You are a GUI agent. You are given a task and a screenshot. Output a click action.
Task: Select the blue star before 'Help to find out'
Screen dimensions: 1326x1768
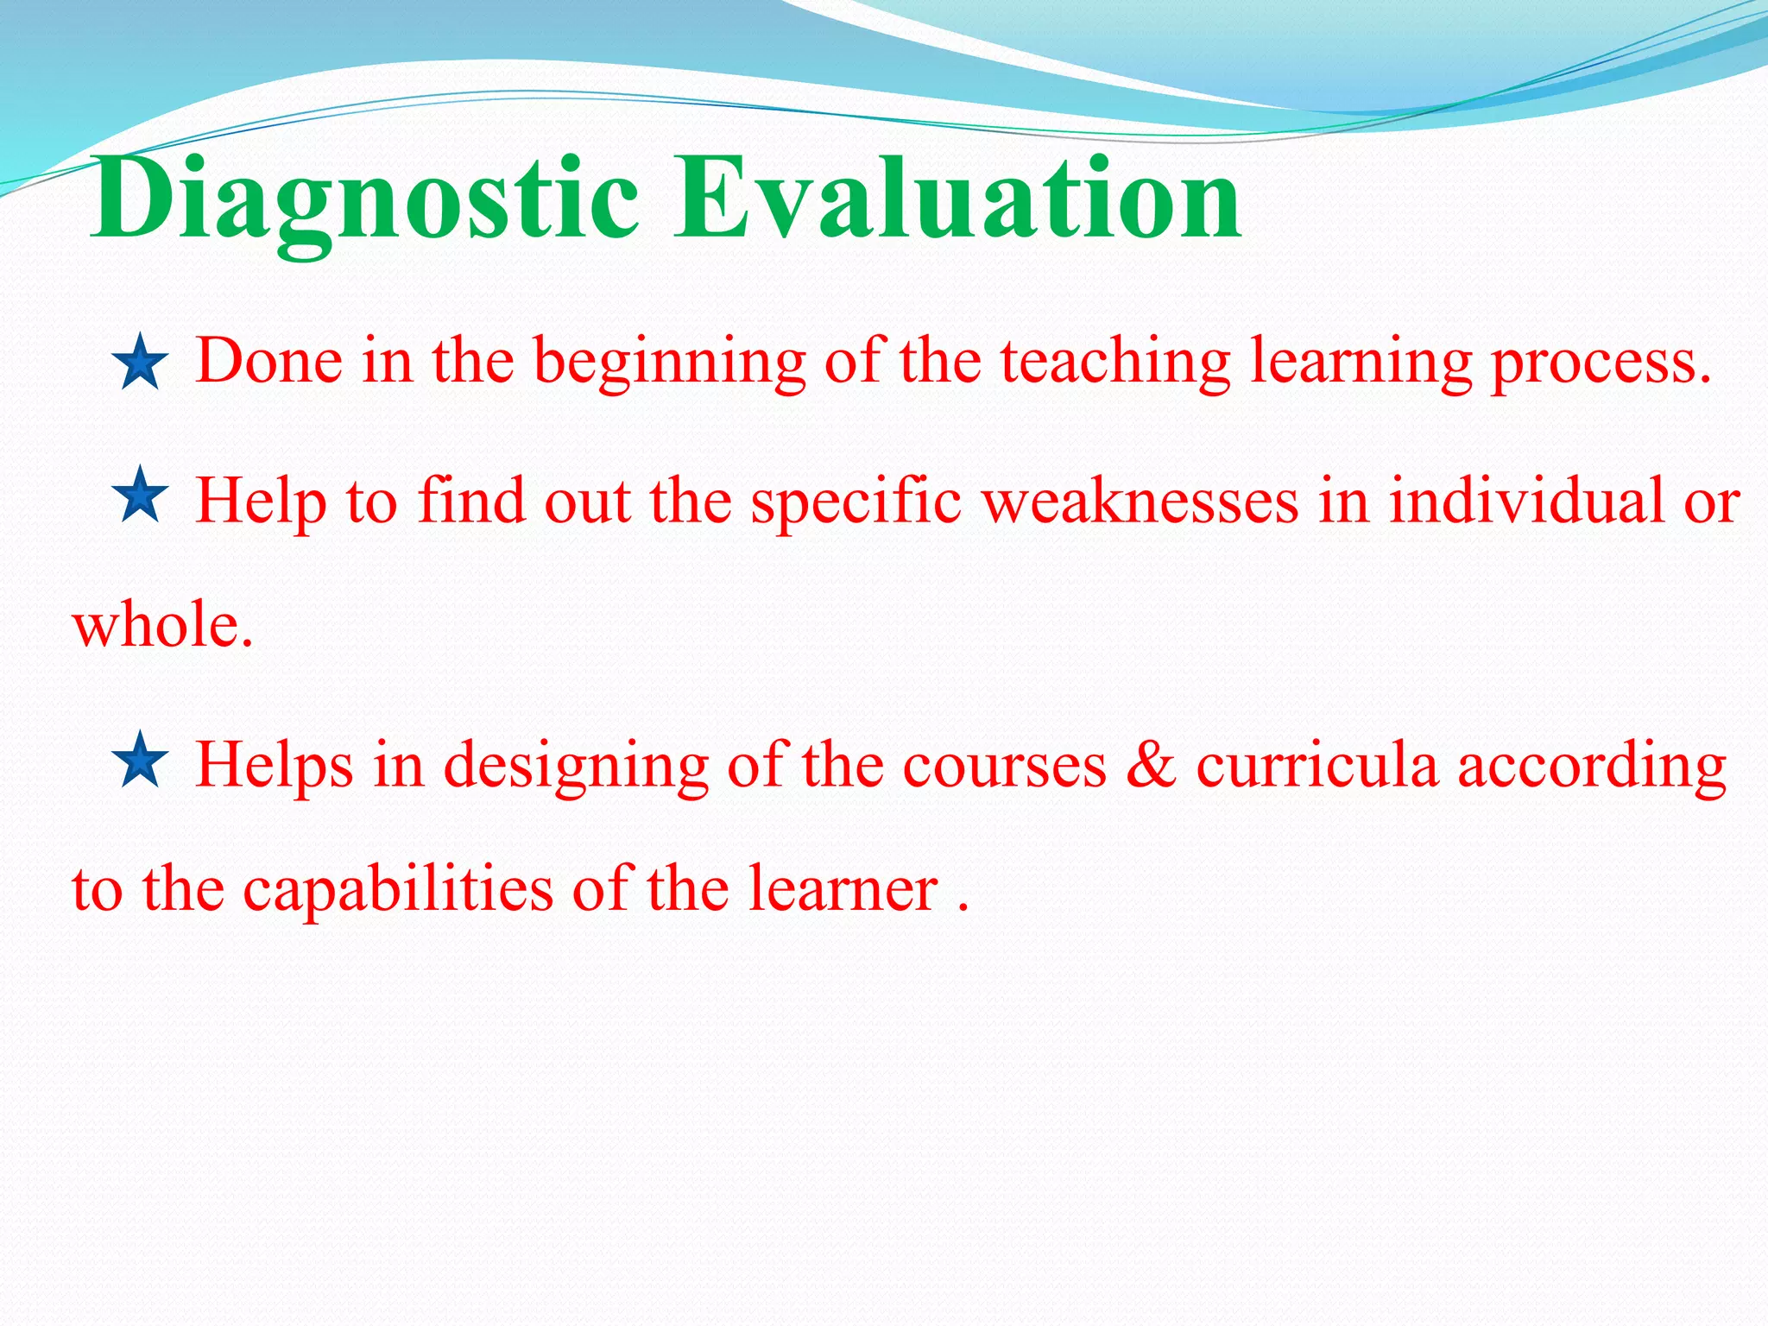[x=140, y=496]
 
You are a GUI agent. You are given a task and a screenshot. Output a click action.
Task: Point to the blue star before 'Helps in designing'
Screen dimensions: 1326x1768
[x=140, y=761]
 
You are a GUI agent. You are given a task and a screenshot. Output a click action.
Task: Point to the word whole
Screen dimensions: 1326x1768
[x=162, y=625]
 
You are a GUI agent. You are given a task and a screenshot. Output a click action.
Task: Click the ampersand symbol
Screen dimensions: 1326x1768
[x=1151, y=765]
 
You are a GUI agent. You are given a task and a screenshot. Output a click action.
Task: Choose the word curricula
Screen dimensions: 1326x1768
[x=1317, y=765]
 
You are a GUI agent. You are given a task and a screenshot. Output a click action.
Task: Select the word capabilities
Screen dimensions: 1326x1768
[x=398, y=889]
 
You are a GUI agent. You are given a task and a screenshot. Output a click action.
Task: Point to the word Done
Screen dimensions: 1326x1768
[x=269, y=361]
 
